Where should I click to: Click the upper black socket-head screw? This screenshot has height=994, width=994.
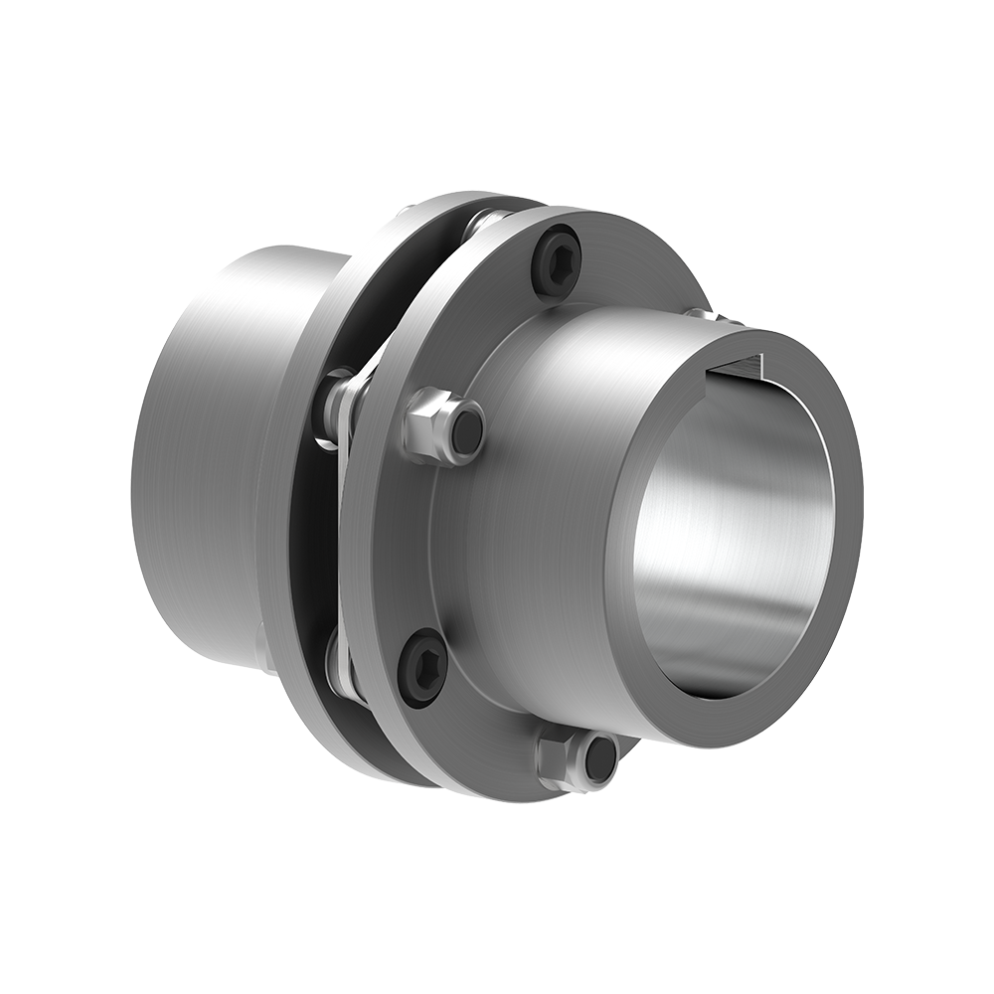click(x=556, y=260)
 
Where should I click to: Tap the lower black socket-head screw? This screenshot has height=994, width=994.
click(x=422, y=667)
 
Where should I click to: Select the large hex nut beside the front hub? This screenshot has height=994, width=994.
click(x=435, y=424)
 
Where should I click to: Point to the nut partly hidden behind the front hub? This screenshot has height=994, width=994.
click(x=708, y=315)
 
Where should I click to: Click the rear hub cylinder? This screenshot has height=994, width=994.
click(x=199, y=447)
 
